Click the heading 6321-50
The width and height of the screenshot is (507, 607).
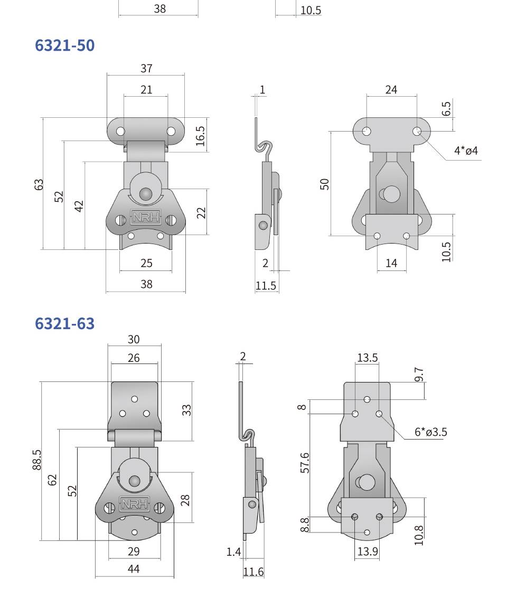tap(64, 45)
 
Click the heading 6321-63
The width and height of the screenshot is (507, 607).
tap(64, 323)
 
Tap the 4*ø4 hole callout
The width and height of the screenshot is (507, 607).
tap(466, 151)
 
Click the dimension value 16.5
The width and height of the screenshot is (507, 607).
tap(201, 136)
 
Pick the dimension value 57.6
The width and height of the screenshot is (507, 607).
tap(305, 462)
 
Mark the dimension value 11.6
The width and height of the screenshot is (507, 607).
tap(253, 572)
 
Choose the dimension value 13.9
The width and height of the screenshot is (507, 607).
tap(368, 552)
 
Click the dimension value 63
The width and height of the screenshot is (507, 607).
tap(39, 184)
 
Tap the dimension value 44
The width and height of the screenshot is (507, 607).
tap(134, 569)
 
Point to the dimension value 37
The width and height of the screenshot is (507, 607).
tap(146, 68)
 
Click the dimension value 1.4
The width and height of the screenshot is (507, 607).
tap(233, 552)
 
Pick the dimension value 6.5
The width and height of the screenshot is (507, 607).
tap(446, 108)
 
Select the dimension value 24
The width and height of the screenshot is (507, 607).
tap(391, 90)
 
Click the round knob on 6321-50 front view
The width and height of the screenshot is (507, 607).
tap(146, 194)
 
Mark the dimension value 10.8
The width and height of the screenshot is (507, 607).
tap(419, 535)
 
